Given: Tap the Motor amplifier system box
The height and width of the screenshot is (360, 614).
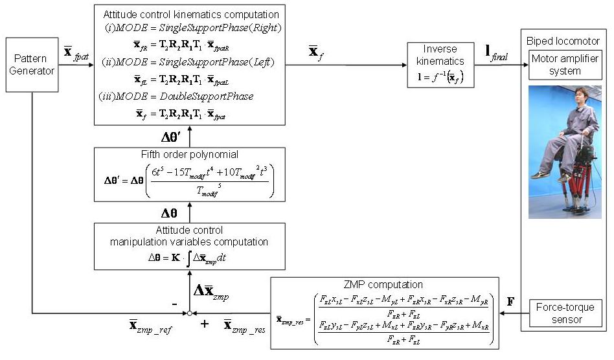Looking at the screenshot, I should tap(565, 65).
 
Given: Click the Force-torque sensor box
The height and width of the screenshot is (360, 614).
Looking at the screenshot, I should tap(565, 313).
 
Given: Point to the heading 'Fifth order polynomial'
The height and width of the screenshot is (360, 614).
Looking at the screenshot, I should tap(189, 155).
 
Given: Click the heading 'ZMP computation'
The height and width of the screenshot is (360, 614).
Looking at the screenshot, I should tap(385, 284).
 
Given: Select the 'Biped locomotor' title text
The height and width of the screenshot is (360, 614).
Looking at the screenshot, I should tap(564, 41).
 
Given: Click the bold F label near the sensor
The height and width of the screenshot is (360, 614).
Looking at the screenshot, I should tap(510, 301).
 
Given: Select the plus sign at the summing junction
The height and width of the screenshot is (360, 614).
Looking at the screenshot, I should tap(205, 323).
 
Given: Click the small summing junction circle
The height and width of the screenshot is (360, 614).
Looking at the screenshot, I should tap(189, 314).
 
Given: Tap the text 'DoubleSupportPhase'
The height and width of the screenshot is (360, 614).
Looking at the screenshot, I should tap(207, 96).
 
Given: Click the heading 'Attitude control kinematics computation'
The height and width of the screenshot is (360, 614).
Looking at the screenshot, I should tap(191, 14).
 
